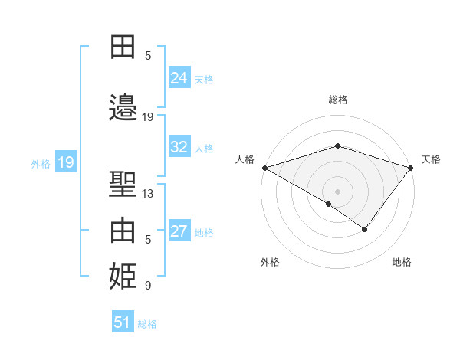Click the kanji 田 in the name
tap(123, 47)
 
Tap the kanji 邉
tap(123, 108)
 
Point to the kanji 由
tap(123, 231)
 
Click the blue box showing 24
tap(179, 78)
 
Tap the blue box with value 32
tap(179, 147)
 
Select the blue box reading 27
tap(179, 231)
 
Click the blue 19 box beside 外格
tap(65, 162)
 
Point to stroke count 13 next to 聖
tap(148, 194)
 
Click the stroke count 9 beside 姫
tap(148, 286)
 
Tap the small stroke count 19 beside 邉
tap(148, 117)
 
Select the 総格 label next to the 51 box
tap(147, 324)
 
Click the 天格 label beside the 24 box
tap(204, 79)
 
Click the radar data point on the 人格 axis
tap(264, 168)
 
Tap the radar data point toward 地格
tap(365, 229)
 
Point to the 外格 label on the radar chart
tap(270, 262)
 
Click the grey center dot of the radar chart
tap(337, 191)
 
